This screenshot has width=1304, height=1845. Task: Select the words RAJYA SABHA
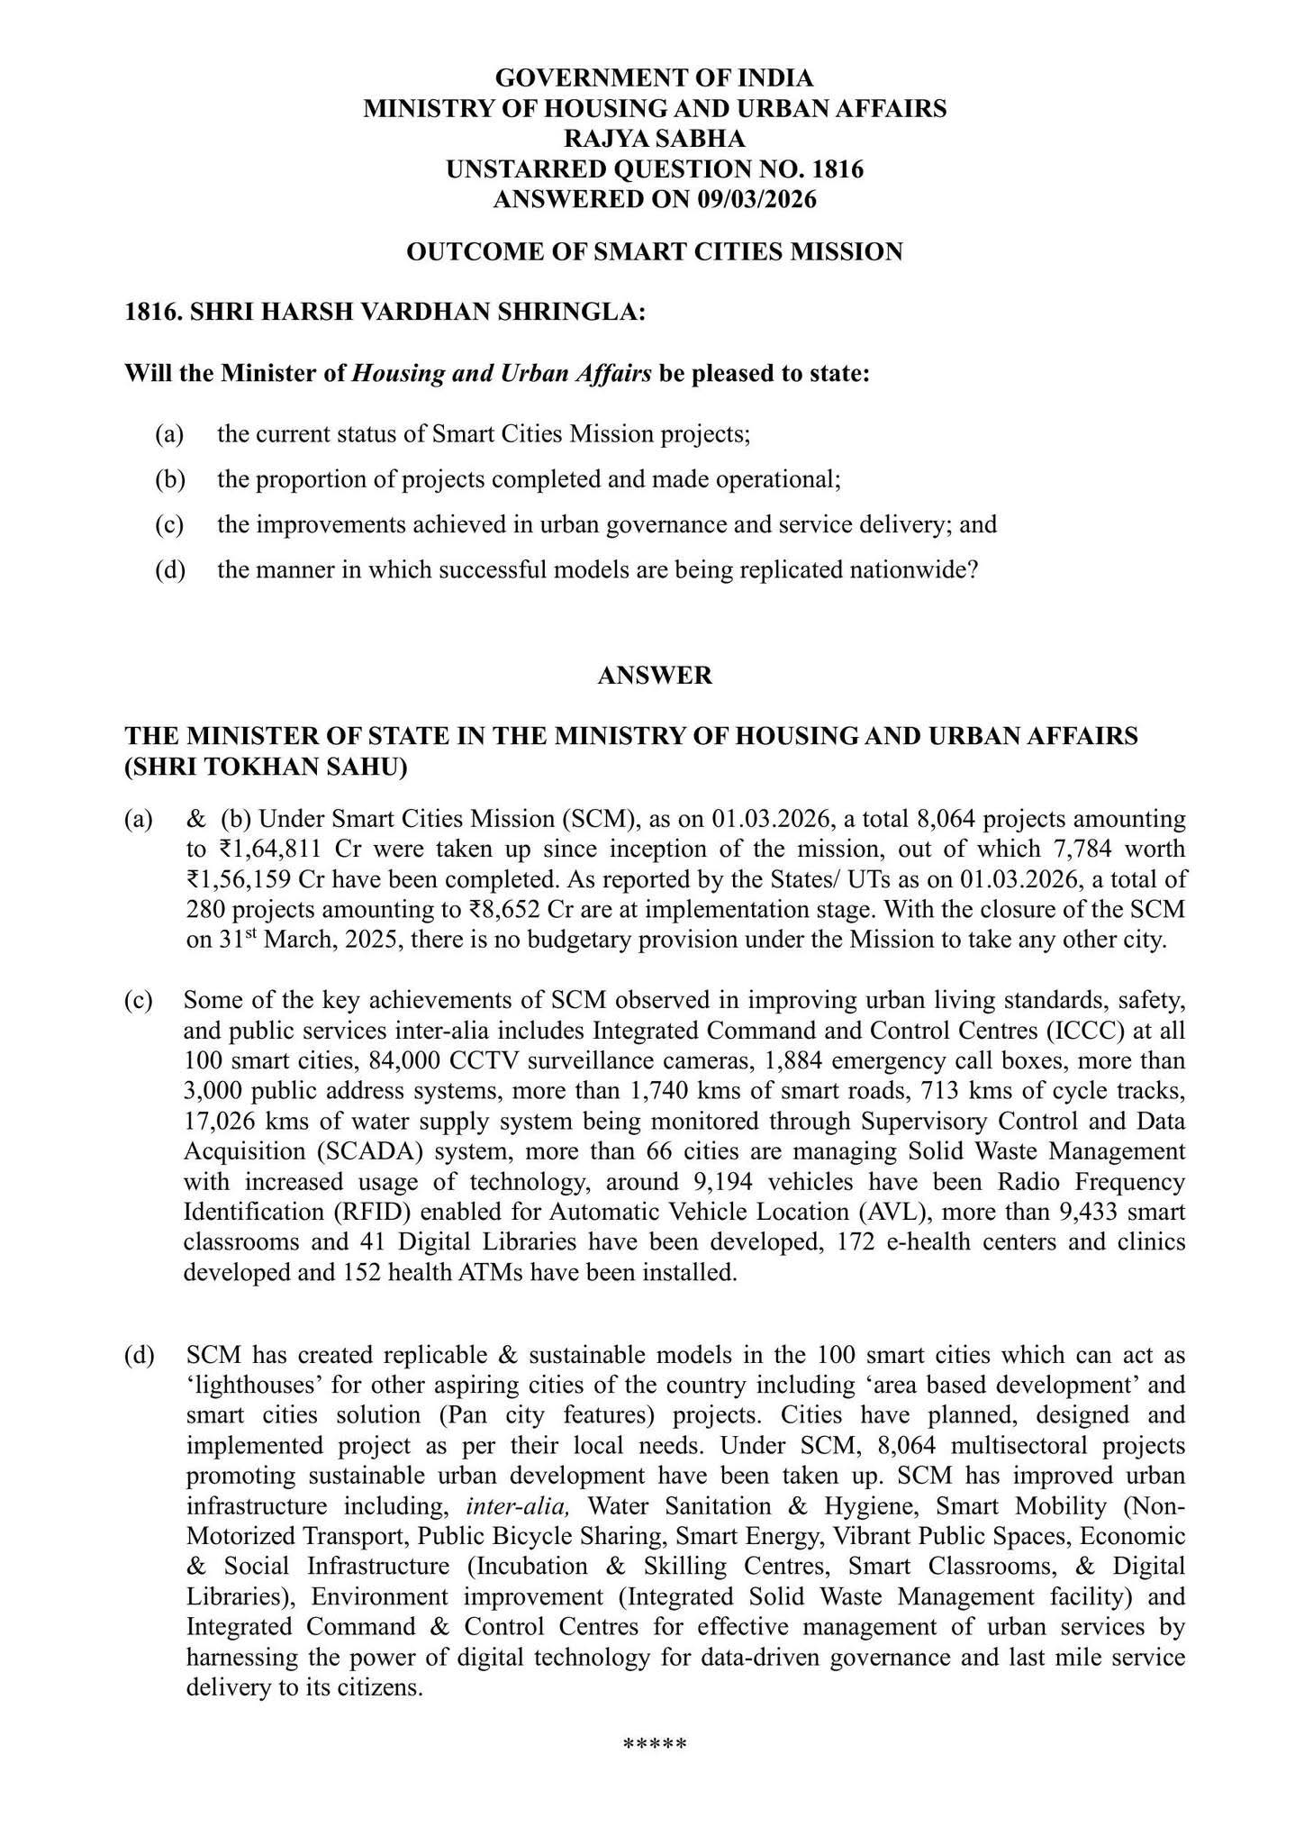tap(654, 139)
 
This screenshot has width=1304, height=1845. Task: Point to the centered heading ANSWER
tap(655, 675)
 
